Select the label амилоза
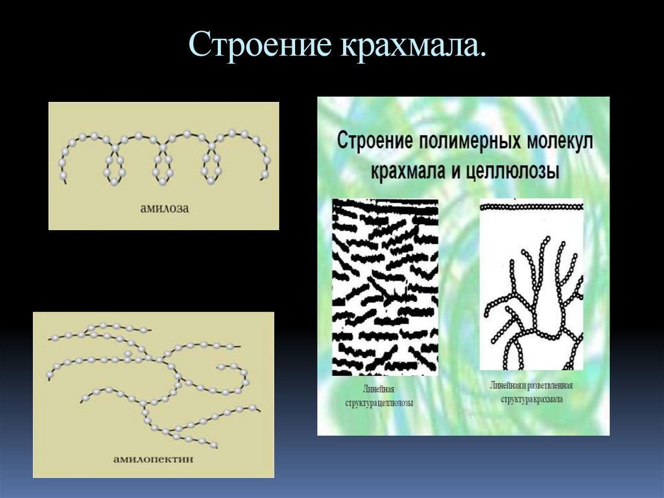tap(164, 208)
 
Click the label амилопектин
tap(153, 459)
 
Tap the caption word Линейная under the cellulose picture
tap(379, 390)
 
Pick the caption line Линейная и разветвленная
tap(531, 386)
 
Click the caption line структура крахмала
tap(532, 399)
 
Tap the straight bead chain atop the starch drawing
tap(532, 206)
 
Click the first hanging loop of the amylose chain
tap(114, 166)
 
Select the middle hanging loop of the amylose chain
tap(162, 166)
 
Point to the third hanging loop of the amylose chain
tap(211, 166)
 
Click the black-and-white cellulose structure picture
tap(385, 287)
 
